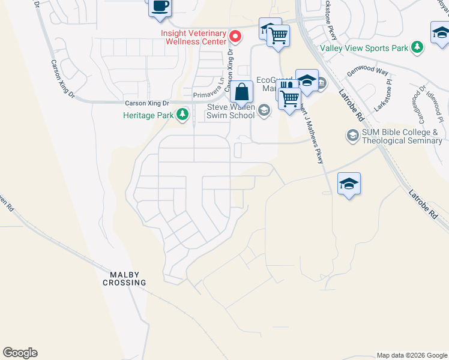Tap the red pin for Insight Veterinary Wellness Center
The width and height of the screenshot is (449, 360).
coord(236,37)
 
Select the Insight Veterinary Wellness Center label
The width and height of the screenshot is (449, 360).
coord(193,37)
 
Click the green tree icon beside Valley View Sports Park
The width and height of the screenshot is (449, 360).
coord(416,47)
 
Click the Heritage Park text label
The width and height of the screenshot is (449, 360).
coord(149,115)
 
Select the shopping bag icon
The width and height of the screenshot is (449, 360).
coord(241,92)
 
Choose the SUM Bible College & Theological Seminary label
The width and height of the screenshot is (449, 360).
coord(401,136)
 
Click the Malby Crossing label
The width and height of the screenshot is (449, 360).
coord(128,278)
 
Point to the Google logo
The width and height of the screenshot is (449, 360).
coord(20,353)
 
